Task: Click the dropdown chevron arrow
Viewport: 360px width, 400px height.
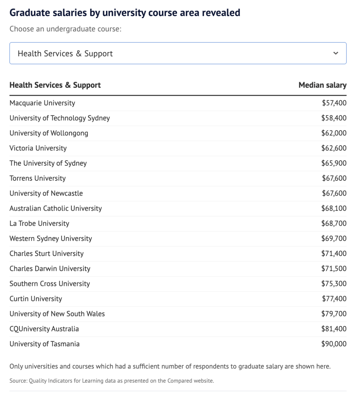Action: point(336,53)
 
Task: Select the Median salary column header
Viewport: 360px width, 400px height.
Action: point(322,85)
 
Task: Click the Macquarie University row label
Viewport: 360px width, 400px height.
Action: point(42,103)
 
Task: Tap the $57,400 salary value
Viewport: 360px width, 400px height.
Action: point(334,103)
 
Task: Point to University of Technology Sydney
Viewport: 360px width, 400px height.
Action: point(60,118)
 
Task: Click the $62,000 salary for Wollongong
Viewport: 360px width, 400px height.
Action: point(334,133)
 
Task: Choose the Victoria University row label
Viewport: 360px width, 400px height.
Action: point(38,148)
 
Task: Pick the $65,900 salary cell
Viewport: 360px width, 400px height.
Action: point(334,163)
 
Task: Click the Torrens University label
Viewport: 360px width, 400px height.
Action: point(38,178)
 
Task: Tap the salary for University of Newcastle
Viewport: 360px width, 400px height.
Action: point(334,193)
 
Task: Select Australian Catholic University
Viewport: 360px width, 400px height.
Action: point(56,208)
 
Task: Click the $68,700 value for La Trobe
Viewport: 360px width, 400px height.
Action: point(334,223)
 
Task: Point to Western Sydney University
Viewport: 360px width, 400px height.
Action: point(51,238)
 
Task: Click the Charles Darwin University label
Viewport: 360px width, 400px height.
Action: point(50,269)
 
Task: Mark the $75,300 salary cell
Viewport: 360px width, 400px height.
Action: point(334,284)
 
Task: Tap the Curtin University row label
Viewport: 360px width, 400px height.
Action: point(36,299)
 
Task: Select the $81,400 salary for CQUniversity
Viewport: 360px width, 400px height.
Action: point(334,329)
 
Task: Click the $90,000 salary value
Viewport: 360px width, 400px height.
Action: point(334,344)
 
